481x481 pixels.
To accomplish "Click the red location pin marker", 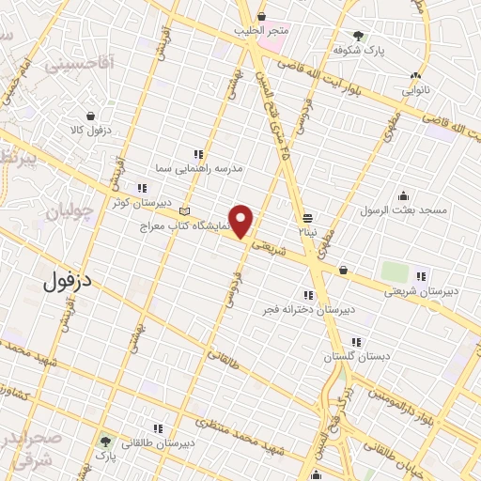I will (242, 222).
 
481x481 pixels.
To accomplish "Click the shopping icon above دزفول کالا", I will (90, 116).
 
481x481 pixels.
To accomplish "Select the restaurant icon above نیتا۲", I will (307, 215).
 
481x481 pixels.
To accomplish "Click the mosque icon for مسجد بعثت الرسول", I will (403, 195).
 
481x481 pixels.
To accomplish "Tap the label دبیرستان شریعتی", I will (420, 290).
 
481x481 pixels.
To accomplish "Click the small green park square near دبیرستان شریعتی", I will (395, 272).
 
